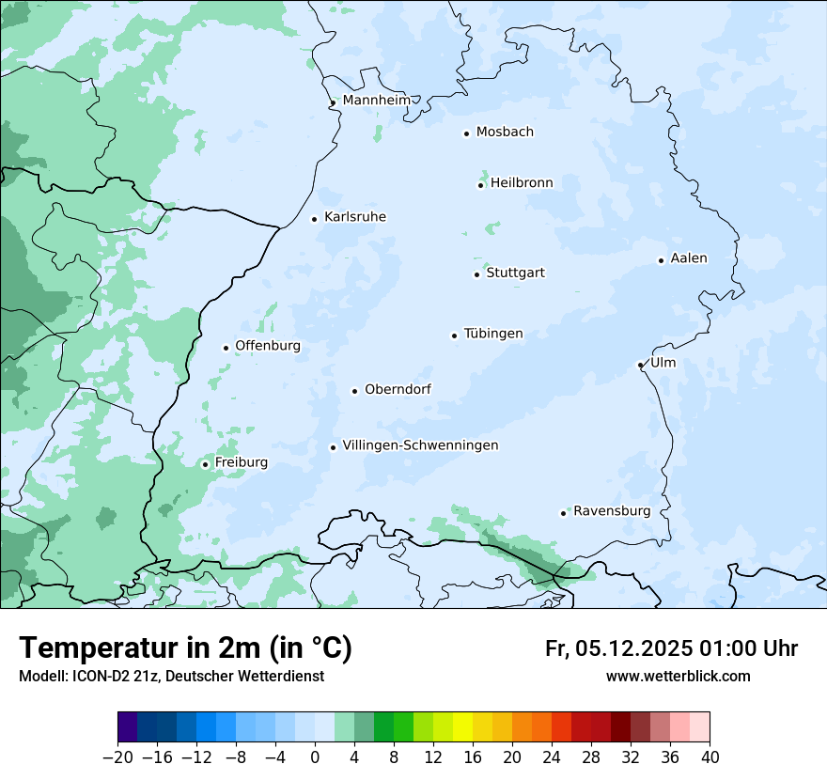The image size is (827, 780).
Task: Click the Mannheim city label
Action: click(377, 100)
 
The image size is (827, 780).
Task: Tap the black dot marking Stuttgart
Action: click(476, 274)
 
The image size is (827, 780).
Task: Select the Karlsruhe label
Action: click(355, 217)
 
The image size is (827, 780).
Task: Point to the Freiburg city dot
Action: click(205, 464)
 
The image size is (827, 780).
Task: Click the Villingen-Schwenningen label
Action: click(420, 445)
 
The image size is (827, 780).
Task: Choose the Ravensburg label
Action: click(612, 511)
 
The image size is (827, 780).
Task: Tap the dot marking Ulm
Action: click(640, 365)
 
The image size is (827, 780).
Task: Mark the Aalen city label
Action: click(689, 258)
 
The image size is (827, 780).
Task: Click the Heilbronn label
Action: click(522, 183)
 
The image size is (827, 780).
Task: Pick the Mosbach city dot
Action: click(466, 133)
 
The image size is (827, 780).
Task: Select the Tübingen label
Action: click(493, 334)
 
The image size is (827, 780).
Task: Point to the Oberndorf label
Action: click(398, 389)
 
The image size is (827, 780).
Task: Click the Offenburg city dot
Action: click(226, 348)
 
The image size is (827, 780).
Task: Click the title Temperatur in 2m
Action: click(185, 648)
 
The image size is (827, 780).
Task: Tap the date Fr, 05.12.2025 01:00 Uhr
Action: click(671, 648)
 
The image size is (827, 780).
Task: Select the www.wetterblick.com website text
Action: click(678, 677)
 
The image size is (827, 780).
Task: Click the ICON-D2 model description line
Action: click(171, 677)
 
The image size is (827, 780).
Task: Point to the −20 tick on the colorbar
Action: click(117, 757)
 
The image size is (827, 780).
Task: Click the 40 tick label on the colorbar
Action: click(710, 757)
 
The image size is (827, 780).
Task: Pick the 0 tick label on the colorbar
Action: click(315, 757)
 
